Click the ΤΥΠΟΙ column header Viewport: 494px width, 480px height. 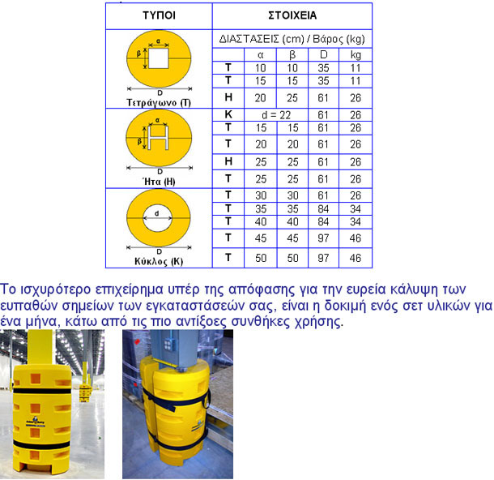(x=159, y=15)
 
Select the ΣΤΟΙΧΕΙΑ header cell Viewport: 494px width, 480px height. (x=292, y=15)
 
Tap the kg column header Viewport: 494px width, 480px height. (x=356, y=55)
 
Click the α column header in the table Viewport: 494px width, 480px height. (x=261, y=55)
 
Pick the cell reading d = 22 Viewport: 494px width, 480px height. (x=276, y=115)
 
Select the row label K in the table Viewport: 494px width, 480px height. (x=228, y=114)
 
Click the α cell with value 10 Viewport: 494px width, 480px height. (x=261, y=68)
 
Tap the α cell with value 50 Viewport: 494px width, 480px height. (x=261, y=259)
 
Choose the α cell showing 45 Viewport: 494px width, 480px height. (x=261, y=238)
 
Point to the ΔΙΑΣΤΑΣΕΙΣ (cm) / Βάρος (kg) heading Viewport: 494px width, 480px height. (x=292, y=39)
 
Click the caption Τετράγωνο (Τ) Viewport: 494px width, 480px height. (x=159, y=103)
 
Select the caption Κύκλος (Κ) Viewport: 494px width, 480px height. (x=159, y=261)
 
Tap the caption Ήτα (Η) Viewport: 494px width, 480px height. (x=159, y=182)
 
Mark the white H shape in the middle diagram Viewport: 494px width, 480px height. (x=158, y=138)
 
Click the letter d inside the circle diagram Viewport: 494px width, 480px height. (x=156, y=213)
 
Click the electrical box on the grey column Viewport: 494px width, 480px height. (x=168, y=345)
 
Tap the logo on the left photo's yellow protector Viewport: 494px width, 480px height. (x=35, y=422)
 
